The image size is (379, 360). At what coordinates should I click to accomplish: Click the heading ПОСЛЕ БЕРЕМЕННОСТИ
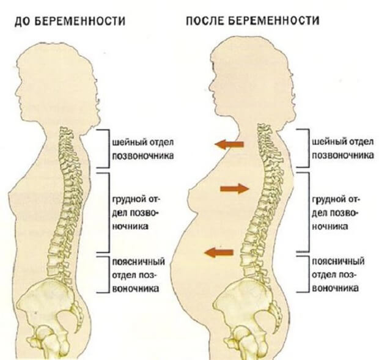(251, 21)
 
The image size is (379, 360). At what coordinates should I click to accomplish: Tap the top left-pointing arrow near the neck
(229, 144)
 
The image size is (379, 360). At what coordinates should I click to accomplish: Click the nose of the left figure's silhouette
(15, 92)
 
